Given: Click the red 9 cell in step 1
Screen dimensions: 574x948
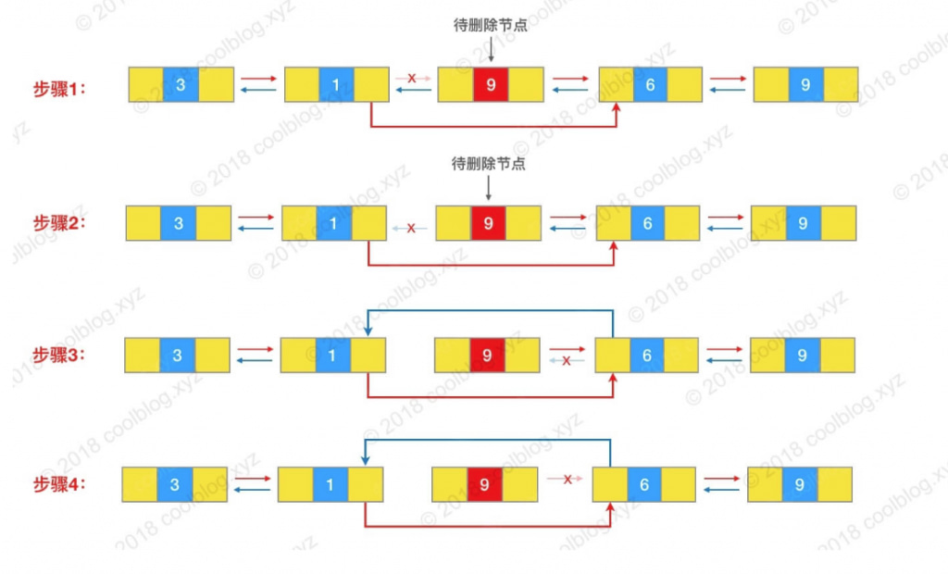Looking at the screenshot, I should coord(491,85).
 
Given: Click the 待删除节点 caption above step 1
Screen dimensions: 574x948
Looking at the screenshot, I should coord(491,27).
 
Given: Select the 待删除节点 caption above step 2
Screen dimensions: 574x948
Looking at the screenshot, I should coord(488,164).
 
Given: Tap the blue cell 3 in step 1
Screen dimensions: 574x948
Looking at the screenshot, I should coord(180,85).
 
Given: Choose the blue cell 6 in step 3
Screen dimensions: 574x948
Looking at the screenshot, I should coord(647,355).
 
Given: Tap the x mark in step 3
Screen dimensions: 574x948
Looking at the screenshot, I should coord(567,360).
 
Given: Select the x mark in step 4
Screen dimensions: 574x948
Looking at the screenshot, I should coord(565,479).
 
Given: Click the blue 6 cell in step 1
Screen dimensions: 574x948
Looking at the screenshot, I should coord(650,85).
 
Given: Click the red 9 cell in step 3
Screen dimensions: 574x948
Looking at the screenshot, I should coord(487,355).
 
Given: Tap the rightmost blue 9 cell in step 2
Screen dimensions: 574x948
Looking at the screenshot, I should coord(803,223).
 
